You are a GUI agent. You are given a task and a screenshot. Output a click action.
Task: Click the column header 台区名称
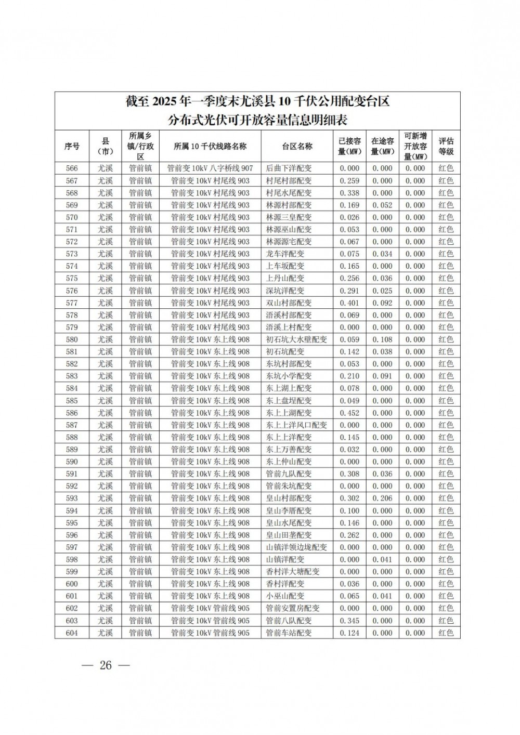297,147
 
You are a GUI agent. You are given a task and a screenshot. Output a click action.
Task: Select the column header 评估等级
446,147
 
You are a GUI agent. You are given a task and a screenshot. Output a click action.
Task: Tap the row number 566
72,168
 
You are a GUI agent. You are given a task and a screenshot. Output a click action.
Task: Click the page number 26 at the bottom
106,666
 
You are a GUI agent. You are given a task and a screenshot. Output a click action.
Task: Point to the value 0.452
349,413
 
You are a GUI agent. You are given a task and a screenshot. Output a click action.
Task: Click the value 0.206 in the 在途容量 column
382,498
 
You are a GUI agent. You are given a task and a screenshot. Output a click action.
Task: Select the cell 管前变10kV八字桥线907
210,168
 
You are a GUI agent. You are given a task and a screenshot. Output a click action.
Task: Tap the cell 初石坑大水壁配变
296,340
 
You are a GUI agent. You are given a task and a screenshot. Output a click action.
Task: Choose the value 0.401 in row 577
349,303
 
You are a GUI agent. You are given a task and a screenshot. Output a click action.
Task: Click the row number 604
72,633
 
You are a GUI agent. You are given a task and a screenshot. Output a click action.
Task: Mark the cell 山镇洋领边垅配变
296,547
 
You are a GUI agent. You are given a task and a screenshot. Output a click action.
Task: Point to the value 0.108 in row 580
382,340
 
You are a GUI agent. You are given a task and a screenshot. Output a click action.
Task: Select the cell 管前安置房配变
293,609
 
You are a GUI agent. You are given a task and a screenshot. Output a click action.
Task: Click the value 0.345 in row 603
349,621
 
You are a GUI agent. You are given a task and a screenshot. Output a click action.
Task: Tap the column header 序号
72,147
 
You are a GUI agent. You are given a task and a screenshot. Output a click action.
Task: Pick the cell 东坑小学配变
289,376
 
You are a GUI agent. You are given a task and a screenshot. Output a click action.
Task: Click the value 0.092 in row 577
382,303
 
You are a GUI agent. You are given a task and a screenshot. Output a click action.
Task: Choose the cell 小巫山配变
285,596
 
